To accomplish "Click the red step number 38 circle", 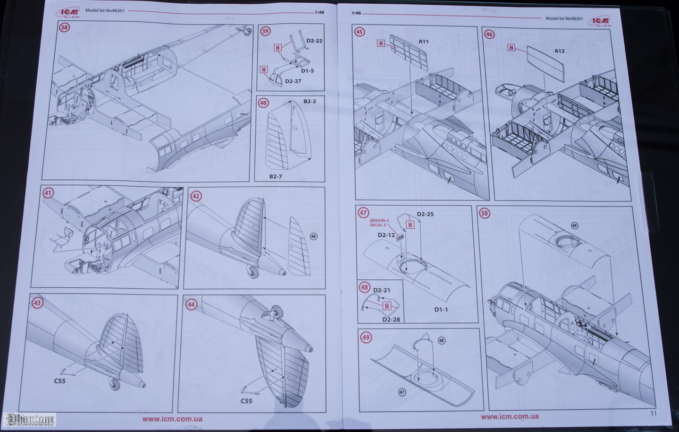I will pyautogui.click(x=64, y=27).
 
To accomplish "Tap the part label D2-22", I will pyautogui.click(x=314, y=41).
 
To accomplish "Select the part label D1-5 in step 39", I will pyautogui.click(x=307, y=71).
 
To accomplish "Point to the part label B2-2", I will pyautogui.click(x=310, y=102).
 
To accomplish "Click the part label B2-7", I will pyautogui.click(x=276, y=177).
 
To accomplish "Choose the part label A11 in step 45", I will pyautogui.click(x=424, y=42).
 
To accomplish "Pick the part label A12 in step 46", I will pyautogui.click(x=559, y=51).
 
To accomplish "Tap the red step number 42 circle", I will pyautogui.click(x=195, y=196).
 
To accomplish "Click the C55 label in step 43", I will pyautogui.click(x=60, y=381).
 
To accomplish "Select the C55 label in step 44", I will pyautogui.click(x=246, y=401).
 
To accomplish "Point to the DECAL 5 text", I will pyautogui.click(x=378, y=225).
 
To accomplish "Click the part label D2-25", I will pyautogui.click(x=425, y=214).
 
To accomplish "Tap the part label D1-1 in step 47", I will pyautogui.click(x=441, y=310).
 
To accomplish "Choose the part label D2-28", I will pyautogui.click(x=391, y=320).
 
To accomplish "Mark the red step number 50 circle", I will pyautogui.click(x=485, y=213).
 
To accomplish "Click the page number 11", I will pyautogui.click(x=654, y=413).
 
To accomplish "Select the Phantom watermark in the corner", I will pyautogui.click(x=30, y=419).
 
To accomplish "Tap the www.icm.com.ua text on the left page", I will pyautogui.click(x=172, y=419).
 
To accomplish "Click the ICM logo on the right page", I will pyautogui.click(x=600, y=21).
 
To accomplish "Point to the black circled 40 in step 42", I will pyautogui.click(x=313, y=236).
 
